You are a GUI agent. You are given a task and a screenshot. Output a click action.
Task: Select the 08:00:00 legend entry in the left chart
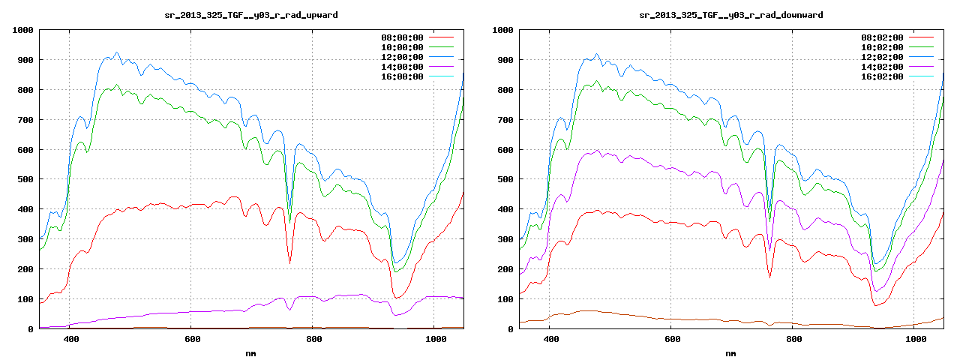pyautogui.click(x=402, y=37)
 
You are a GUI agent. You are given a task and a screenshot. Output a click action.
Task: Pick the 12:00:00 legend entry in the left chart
pyautogui.click(x=402, y=57)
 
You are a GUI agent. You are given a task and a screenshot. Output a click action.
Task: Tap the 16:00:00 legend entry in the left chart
pyautogui.click(x=402, y=76)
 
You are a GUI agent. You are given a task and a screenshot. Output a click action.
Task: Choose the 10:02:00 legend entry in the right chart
pyautogui.click(x=882, y=47)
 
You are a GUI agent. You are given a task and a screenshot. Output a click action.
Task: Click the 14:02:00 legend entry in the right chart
pyautogui.click(x=882, y=67)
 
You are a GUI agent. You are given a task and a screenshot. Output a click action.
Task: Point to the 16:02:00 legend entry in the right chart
pyautogui.click(x=882, y=76)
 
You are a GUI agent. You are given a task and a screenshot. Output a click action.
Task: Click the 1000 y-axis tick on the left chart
pyautogui.click(x=22, y=30)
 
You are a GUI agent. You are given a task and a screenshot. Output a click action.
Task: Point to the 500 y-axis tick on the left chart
pyautogui.click(x=25, y=179)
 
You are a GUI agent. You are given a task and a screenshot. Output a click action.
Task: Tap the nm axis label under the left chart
pyautogui.click(x=250, y=352)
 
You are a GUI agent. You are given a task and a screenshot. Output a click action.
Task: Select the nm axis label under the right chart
pyautogui.click(x=730, y=352)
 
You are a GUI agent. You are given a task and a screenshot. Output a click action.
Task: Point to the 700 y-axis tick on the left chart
pyautogui.click(x=25, y=120)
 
